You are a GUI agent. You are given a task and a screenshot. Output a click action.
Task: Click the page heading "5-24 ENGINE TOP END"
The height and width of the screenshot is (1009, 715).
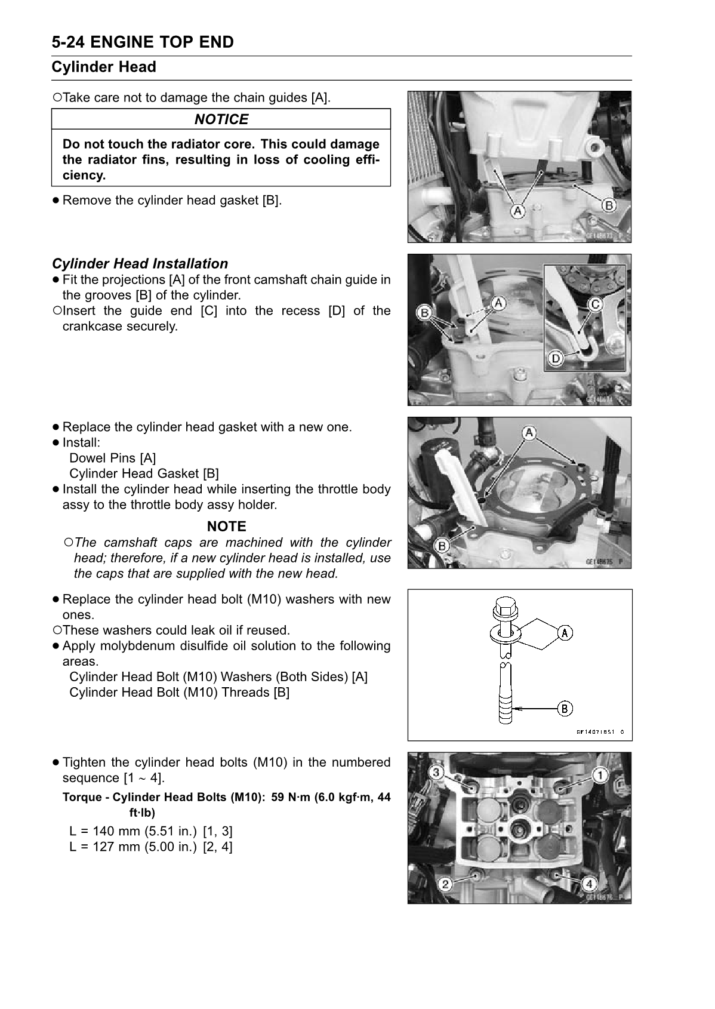(143, 42)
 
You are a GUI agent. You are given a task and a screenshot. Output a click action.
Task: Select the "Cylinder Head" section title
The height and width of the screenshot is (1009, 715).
(104, 67)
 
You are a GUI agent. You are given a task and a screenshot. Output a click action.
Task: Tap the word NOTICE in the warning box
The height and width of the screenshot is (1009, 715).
(221, 119)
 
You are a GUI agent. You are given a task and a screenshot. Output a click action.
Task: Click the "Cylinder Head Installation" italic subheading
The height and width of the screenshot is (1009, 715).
(140, 264)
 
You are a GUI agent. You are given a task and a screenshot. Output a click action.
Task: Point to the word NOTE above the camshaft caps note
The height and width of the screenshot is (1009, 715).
(226, 527)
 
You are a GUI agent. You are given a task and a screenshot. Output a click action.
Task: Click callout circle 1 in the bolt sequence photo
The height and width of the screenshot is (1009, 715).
(600, 775)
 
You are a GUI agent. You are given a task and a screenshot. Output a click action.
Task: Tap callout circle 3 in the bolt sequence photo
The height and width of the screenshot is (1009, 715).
(437, 773)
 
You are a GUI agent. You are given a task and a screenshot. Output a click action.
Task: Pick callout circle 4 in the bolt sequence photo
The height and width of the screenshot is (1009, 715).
(589, 882)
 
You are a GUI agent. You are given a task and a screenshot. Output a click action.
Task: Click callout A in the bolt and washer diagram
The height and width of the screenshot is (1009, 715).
(565, 633)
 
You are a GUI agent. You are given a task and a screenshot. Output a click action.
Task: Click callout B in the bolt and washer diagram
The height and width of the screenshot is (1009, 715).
(565, 709)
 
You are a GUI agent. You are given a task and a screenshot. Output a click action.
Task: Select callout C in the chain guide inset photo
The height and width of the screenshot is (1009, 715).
(595, 304)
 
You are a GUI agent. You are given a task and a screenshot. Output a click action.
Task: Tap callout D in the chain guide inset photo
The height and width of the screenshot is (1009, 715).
(556, 358)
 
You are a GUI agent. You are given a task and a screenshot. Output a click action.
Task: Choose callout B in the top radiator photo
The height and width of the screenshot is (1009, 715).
(608, 205)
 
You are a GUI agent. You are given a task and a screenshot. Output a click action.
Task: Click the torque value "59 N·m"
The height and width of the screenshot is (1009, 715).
(291, 798)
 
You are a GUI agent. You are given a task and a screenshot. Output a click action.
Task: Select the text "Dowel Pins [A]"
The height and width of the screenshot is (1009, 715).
(112, 458)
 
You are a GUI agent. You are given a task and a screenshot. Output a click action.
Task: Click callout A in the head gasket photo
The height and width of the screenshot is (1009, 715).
(529, 433)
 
